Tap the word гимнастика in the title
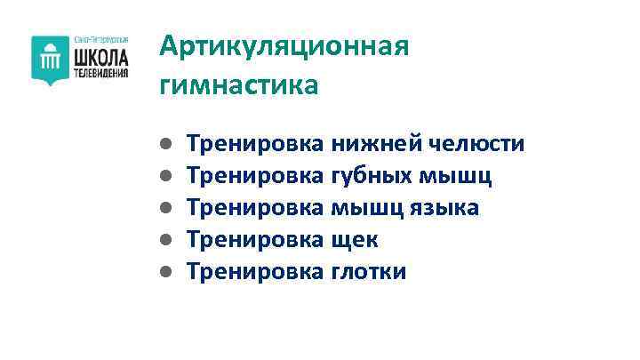pyautogui.click(x=238, y=85)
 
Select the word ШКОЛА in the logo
pyautogui.click(x=100, y=57)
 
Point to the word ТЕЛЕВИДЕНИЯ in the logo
pyautogui.click(x=100, y=74)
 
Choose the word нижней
pyautogui.click(x=376, y=144)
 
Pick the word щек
pyautogui.click(x=355, y=240)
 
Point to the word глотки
pyautogui.click(x=368, y=272)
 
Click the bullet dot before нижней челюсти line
pyautogui.click(x=166, y=144)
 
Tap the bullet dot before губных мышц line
pyautogui.click(x=166, y=176)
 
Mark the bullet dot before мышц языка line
pyautogui.click(x=166, y=208)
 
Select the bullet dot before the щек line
pyautogui.click(x=166, y=240)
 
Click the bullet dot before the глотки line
pyautogui.click(x=166, y=272)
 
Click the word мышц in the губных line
pyautogui.click(x=461, y=176)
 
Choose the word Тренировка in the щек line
pyautogui.click(x=255, y=240)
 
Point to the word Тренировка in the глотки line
pyautogui.click(x=255, y=272)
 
